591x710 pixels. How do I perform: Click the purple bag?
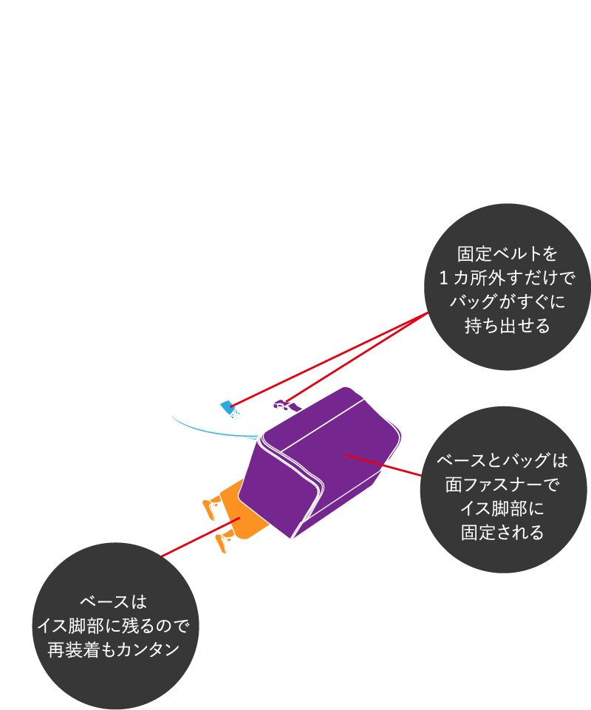tap(325, 458)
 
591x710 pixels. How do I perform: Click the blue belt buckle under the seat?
tap(230, 407)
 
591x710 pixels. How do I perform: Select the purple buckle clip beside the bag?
tap(281, 403)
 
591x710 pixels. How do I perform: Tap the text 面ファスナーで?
tap(502, 485)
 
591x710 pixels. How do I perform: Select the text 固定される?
tap(502, 532)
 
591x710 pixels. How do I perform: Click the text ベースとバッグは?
tap(502, 461)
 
